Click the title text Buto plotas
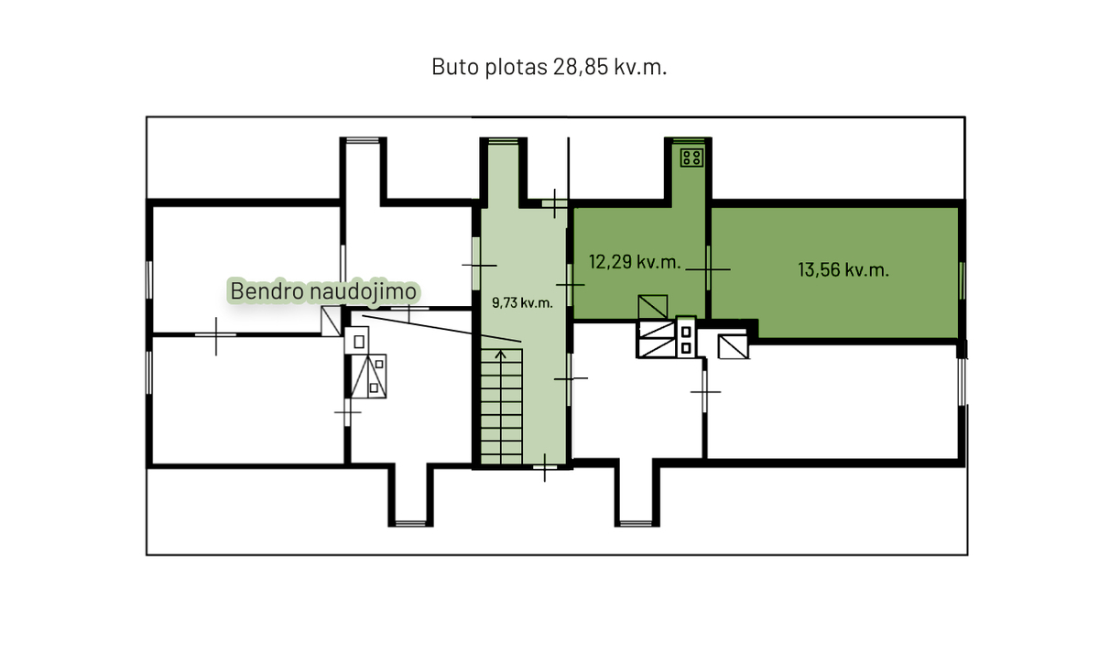pyautogui.click(x=489, y=67)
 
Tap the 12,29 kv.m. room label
pyautogui.click(x=635, y=262)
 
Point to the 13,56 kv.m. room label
pyautogui.click(x=843, y=270)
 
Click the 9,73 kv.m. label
pyautogui.click(x=522, y=302)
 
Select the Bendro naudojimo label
pyautogui.click(x=323, y=290)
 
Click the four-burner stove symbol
pyautogui.click(x=691, y=158)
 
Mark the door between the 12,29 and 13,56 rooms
pyautogui.click(x=708, y=268)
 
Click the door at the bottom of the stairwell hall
pyautogui.click(x=545, y=467)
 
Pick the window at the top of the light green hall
pyautogui.click(x=503, y=141)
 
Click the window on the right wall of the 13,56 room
pyautogui.click(x=962, y=280)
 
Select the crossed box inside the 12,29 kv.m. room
pyautogui.click(x=652, y=307)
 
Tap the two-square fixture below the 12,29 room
pyautogui.click(x=686, y=340)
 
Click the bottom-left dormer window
pyautogui.click(x=410, y=523)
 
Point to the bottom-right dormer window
pyautogui.click(x=637, y=523)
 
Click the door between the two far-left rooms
pyautogui.click(x=216, y=335)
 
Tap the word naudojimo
pyautogui.click(x=364, y=290)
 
